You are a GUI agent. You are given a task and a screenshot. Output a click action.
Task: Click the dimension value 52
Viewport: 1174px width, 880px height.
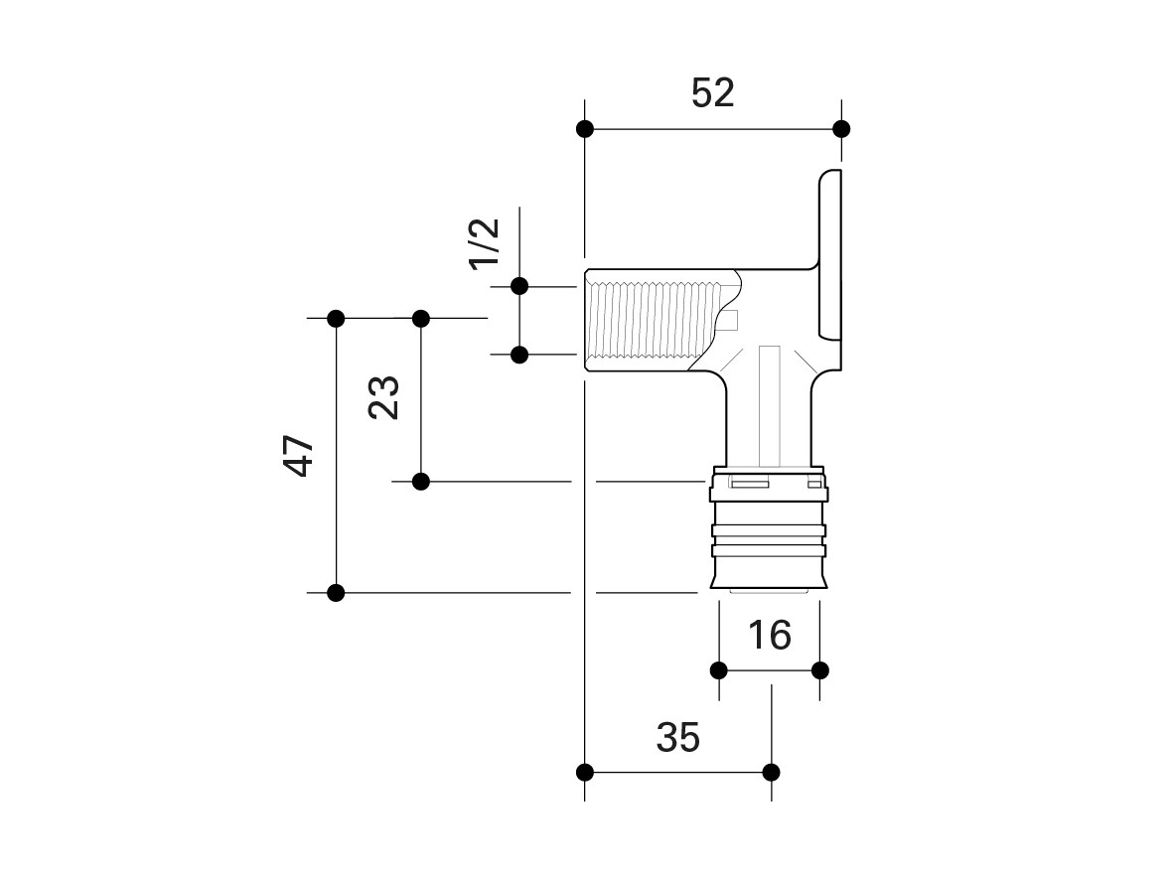[712, 93]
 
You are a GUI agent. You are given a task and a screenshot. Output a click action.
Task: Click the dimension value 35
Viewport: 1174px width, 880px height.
[678, 738]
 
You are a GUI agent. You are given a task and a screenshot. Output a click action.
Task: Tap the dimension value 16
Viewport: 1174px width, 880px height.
[769, 635]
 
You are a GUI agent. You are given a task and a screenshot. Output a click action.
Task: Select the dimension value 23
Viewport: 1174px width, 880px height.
[385, 397]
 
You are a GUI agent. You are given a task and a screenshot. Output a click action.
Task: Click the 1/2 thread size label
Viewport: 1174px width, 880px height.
[484, 241]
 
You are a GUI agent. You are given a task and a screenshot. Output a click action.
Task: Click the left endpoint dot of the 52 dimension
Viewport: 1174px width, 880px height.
[585, 129]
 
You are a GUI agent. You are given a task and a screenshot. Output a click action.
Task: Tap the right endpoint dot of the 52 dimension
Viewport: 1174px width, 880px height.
[841, 129]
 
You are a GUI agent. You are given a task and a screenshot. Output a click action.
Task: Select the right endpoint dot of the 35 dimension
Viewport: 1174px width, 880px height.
[772, 772]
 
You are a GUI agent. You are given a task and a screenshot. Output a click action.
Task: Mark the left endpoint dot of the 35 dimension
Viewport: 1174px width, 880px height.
[585, 772]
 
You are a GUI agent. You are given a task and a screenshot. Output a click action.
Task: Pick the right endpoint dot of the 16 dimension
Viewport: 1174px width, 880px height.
[819, 669]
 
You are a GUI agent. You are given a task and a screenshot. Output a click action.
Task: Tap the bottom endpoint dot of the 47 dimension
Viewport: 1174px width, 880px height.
[336, 593]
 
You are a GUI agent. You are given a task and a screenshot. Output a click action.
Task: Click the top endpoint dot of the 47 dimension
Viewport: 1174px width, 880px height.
[336, 319]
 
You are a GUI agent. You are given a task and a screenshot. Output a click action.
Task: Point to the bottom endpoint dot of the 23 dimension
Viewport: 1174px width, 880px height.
[420, 482]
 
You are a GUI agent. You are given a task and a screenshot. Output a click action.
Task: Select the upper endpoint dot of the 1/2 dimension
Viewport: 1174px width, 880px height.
[518, 286]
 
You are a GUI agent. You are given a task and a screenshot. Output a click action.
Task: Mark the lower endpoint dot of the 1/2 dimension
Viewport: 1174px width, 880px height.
[518, 354]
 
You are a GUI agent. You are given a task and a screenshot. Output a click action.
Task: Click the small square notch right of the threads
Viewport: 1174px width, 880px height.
[730, 319]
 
